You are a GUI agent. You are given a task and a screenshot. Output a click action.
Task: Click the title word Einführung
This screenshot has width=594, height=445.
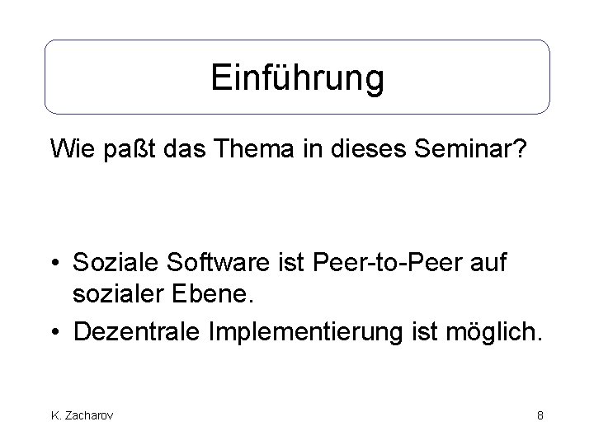tap(297, 78)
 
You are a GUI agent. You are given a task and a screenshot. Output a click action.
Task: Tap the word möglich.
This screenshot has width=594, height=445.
tap(493, 332)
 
